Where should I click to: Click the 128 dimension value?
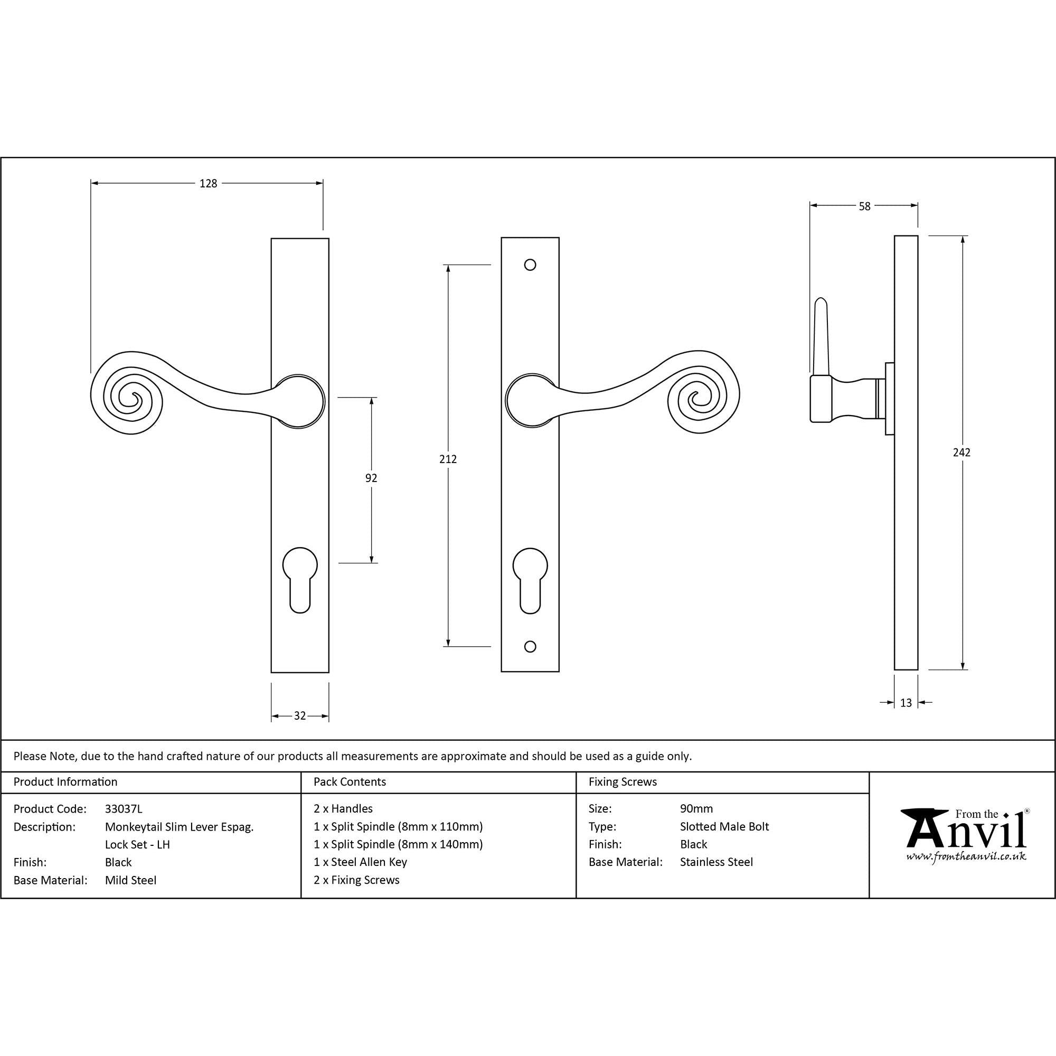point(208,184)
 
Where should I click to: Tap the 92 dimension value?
point(371,478)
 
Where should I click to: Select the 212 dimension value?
point(448,459)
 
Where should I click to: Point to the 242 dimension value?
point(961,452)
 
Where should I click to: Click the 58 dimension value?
point(864,206)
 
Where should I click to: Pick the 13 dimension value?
point(906,703)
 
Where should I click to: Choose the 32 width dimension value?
point(299,716)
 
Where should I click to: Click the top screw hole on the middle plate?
point(530,265)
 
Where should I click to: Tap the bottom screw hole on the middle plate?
point(530,647)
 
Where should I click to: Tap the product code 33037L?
point(124,809)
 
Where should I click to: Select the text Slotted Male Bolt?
point(724,827)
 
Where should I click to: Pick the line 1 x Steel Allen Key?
point(360,862)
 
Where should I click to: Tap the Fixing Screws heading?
point(623,782)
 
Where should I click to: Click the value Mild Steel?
point(130,881)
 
